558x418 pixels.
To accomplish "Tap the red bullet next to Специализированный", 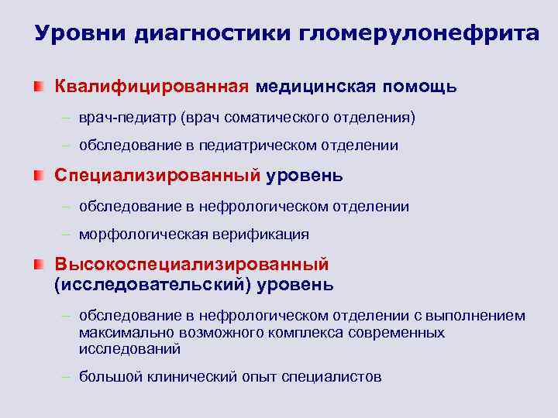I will click(x=40, y=176).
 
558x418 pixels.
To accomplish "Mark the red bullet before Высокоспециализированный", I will click(x=40, y=266).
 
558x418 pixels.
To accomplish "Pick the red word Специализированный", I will click(x=157, y=176).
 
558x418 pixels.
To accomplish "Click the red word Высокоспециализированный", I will click(x=191, y=266).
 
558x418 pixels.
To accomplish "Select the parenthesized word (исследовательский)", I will click(x=153, y=285).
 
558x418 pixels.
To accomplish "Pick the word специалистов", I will click(x=331, y=377).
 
